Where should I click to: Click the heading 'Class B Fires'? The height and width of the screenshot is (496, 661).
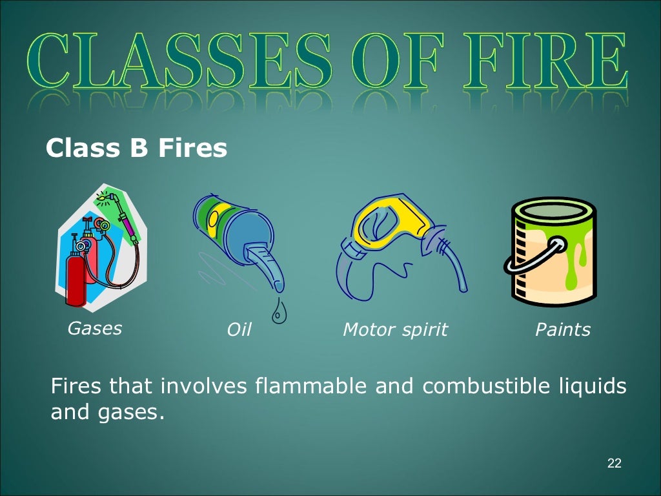136,149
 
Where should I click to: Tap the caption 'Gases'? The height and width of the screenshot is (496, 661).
95,328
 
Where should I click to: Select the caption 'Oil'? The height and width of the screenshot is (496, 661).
238,330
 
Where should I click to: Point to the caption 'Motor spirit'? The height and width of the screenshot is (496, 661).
394,330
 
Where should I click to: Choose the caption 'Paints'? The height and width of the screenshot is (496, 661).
562,330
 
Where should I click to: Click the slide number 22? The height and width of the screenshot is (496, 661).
614,463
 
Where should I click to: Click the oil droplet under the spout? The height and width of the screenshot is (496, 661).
279,313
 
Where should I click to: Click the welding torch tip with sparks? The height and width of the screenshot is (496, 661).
103,193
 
